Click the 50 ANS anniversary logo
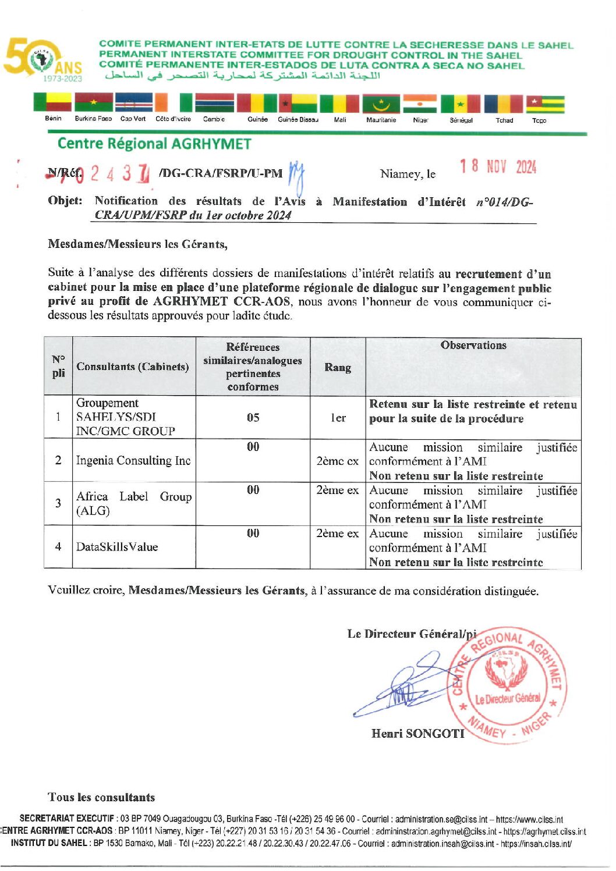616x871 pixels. tap(42, 60)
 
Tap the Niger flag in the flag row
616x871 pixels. tap(420, 104)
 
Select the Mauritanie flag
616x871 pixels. tap(381, 104)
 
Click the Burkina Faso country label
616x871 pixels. tap(93, 119)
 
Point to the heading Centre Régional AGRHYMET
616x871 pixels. tap(154, 144)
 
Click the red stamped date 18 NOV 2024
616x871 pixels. tap(498, 167)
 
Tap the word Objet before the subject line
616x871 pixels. tap(65, 201)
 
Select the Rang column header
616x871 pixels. tap(338, 367)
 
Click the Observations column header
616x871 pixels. tap(473, 345)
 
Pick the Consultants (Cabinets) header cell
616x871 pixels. tap(133, 367)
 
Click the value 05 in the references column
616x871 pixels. tap(253, 417)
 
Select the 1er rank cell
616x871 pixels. tap(338, 418)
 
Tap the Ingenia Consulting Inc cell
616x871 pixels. tap(133, 460)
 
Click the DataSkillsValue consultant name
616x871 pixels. tap(117, 547)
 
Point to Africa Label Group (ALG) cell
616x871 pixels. tap(133, 503)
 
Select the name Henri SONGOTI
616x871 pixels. tap(417, 734)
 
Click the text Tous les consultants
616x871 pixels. tap(101, 797)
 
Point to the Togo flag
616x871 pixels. tap(545, 104)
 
